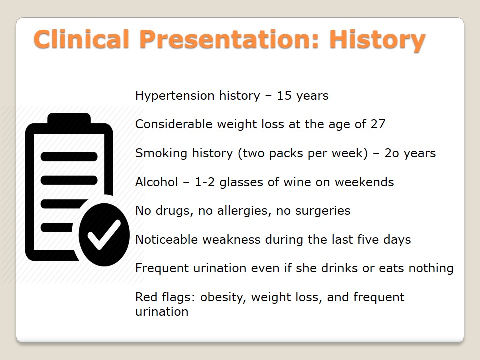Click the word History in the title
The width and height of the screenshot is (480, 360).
377,40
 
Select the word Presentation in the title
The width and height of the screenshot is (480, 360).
229,39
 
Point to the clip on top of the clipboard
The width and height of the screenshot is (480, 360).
69,119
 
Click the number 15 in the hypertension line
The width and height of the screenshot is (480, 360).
284,96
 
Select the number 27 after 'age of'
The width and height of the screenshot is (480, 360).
378,124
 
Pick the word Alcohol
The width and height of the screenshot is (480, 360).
156,182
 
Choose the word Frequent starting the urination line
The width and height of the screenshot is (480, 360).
162,269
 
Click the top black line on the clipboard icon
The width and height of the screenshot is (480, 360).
69,156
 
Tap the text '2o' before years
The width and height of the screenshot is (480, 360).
392,153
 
